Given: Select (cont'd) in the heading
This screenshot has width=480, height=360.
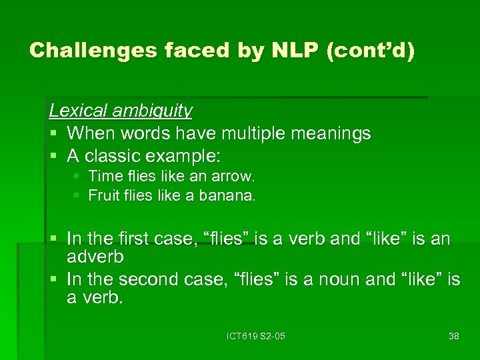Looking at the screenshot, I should (371, 50).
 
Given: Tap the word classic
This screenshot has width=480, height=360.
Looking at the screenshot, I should (115, 157).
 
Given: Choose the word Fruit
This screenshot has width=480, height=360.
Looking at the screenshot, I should (103, 196).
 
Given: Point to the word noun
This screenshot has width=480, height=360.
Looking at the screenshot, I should (371, 280).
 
